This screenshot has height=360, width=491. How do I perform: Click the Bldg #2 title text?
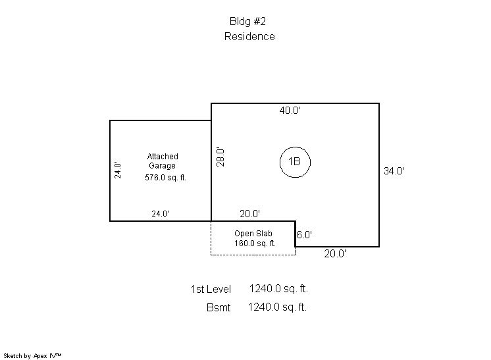247,21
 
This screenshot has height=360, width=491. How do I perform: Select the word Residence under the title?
249,36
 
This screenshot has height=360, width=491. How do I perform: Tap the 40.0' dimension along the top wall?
290,111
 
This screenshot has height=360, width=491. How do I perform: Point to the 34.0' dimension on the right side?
394,171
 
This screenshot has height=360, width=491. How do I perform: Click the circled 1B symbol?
295,147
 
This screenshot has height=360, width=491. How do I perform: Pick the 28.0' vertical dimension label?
220,157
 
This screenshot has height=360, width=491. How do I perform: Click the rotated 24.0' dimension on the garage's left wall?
117,170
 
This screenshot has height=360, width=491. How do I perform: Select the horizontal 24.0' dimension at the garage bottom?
161,214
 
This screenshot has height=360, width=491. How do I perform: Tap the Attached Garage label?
163,161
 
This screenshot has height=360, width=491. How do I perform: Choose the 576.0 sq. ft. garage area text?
165,178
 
